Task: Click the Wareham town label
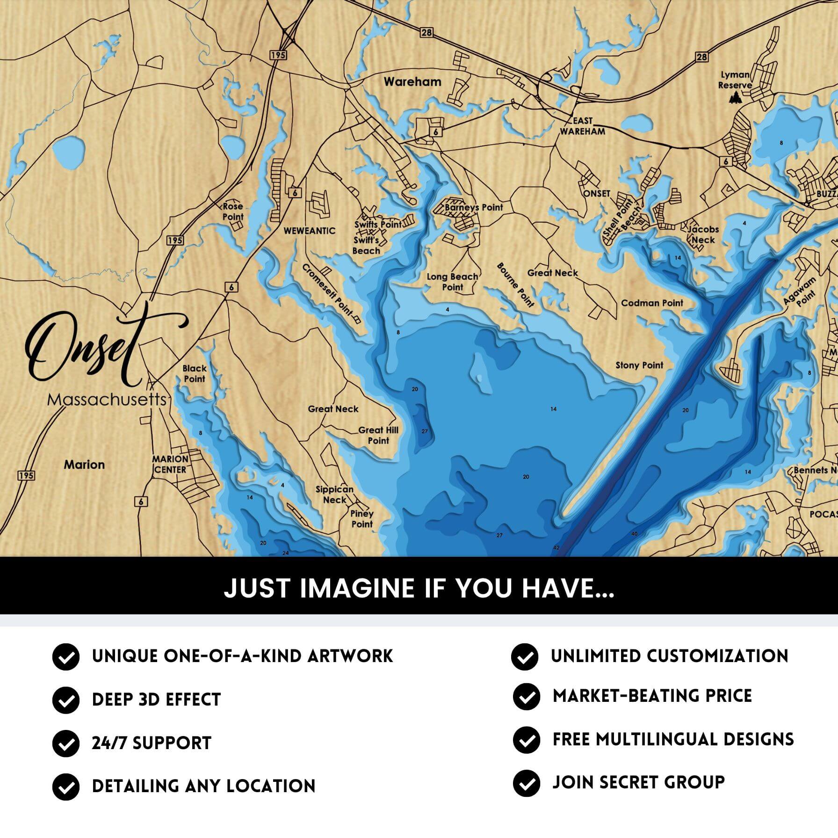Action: (412, 82)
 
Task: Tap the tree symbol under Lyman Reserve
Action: (736, 98)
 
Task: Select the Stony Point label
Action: (639, 365)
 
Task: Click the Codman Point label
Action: (652, 303)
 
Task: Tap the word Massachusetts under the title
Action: (107, 400)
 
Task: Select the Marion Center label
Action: (170, 464)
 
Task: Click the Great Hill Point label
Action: (378, 435)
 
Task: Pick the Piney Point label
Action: (362, 518)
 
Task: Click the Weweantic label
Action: (310, 231)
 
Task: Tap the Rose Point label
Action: (233, 211)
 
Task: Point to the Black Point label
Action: (195, 373)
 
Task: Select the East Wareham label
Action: (583, 126)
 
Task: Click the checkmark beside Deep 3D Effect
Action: (65, 700)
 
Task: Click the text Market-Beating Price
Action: (652, 696)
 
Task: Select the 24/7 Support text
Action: (152, 743)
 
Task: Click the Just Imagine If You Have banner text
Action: (419, 588)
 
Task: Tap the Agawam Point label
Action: (801, 291)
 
